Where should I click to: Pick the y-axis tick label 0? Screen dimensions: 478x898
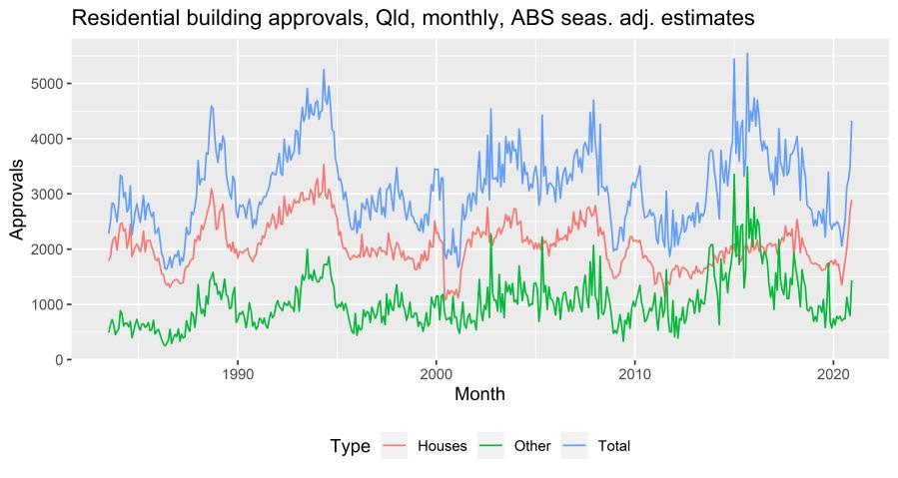[x=56, y=359]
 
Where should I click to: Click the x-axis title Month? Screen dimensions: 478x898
[x=479, y=394]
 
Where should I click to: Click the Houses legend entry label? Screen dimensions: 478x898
[x=442, y=446]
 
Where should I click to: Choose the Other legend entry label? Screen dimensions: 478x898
[x=531, y=446]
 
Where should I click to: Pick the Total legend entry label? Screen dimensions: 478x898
[x=613, y=446]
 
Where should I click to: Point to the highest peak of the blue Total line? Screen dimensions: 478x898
[x=746, y=54]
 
